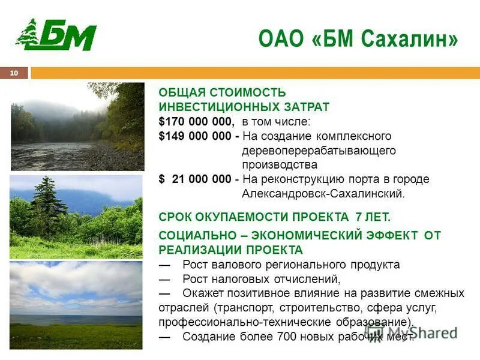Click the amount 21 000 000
click(201, 179)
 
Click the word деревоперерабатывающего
click(319, 151)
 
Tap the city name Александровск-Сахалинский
click(323, 194)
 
